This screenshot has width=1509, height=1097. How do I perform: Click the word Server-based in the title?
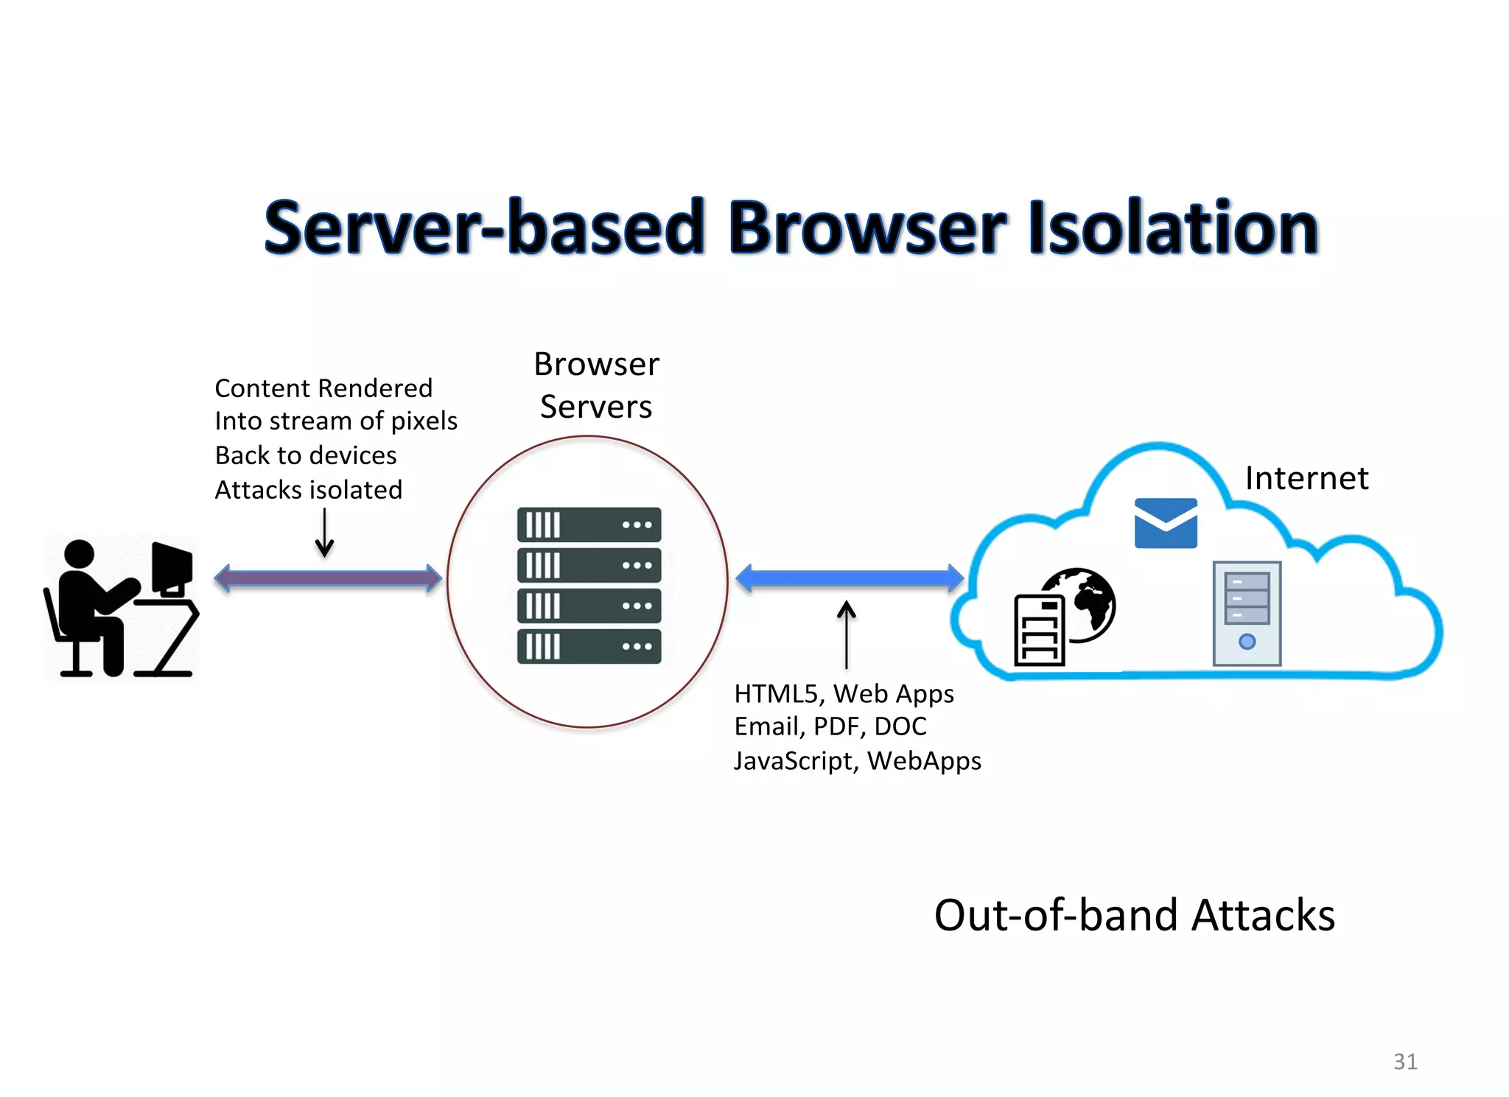point(484,228)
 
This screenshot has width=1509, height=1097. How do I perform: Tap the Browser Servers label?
point(596,385)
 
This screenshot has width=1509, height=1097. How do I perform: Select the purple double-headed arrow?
point(328,578)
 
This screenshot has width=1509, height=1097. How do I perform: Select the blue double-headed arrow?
point(850,578)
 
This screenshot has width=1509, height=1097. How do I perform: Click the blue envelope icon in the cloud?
point(1166,523)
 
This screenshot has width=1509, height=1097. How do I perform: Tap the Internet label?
point(1306,478)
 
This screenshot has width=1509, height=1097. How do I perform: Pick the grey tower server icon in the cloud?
point(1247,613)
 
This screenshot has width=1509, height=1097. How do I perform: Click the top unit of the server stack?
point(589,525)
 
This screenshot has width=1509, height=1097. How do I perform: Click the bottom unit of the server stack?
point(589,647)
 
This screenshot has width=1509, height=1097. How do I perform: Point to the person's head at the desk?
point(79,554)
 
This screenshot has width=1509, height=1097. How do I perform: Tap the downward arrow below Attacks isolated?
point(324,533)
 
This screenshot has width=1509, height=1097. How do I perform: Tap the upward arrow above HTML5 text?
point(847,634)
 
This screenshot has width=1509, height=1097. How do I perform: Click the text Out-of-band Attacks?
point(1134,915)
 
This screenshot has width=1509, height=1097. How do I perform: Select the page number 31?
point(1405,1062)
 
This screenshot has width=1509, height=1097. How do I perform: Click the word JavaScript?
point(793,760)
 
